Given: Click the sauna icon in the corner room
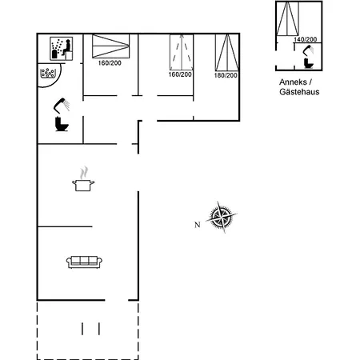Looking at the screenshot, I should pos(60,49).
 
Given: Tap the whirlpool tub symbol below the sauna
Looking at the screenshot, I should pos(50,73).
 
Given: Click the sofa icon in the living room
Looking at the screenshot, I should pos(83,261).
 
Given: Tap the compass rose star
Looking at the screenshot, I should pos(222,218).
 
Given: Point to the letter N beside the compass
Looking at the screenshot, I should pos(197,224).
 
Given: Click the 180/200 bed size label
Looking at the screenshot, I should pos(226,75).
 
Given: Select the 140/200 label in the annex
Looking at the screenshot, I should pos(305,39).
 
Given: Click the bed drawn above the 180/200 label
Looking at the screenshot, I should pos(227,52).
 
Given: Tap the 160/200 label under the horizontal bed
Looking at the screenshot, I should pos(110,63).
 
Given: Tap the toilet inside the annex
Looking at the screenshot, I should pos(309,62).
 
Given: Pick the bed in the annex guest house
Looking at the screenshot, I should pos(289,18).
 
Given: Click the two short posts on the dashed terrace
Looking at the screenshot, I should pos(90,328).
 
